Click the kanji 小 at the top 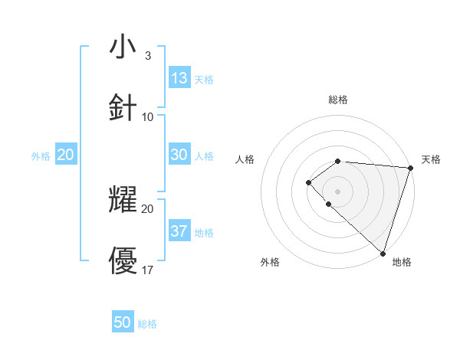click(x=123, y=47)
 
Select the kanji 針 click(x=123, y=108)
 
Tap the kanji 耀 click(x=123, y=200)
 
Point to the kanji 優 click(x=123, y=260)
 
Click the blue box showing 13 click(x=179, y=78)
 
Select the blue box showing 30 click(x=179, y=155)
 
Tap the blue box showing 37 click(x=179, y=231)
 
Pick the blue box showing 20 click(x=66, y=155)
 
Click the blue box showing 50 click(x=123, y=322)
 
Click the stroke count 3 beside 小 click(x=147, y=56)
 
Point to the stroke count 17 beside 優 click(x=148, y=270)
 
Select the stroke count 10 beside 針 click(x=148, y=117)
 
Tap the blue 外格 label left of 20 click(x=41, y=156)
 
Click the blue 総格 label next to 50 click(x=147, y=324)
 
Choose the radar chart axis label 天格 click(x=431, y=159)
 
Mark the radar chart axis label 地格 click(x=402, y=262)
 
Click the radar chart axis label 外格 click(x=270, y=262)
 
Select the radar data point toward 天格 click(x=410, y=167)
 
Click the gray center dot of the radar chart click(x=337, y=191)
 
